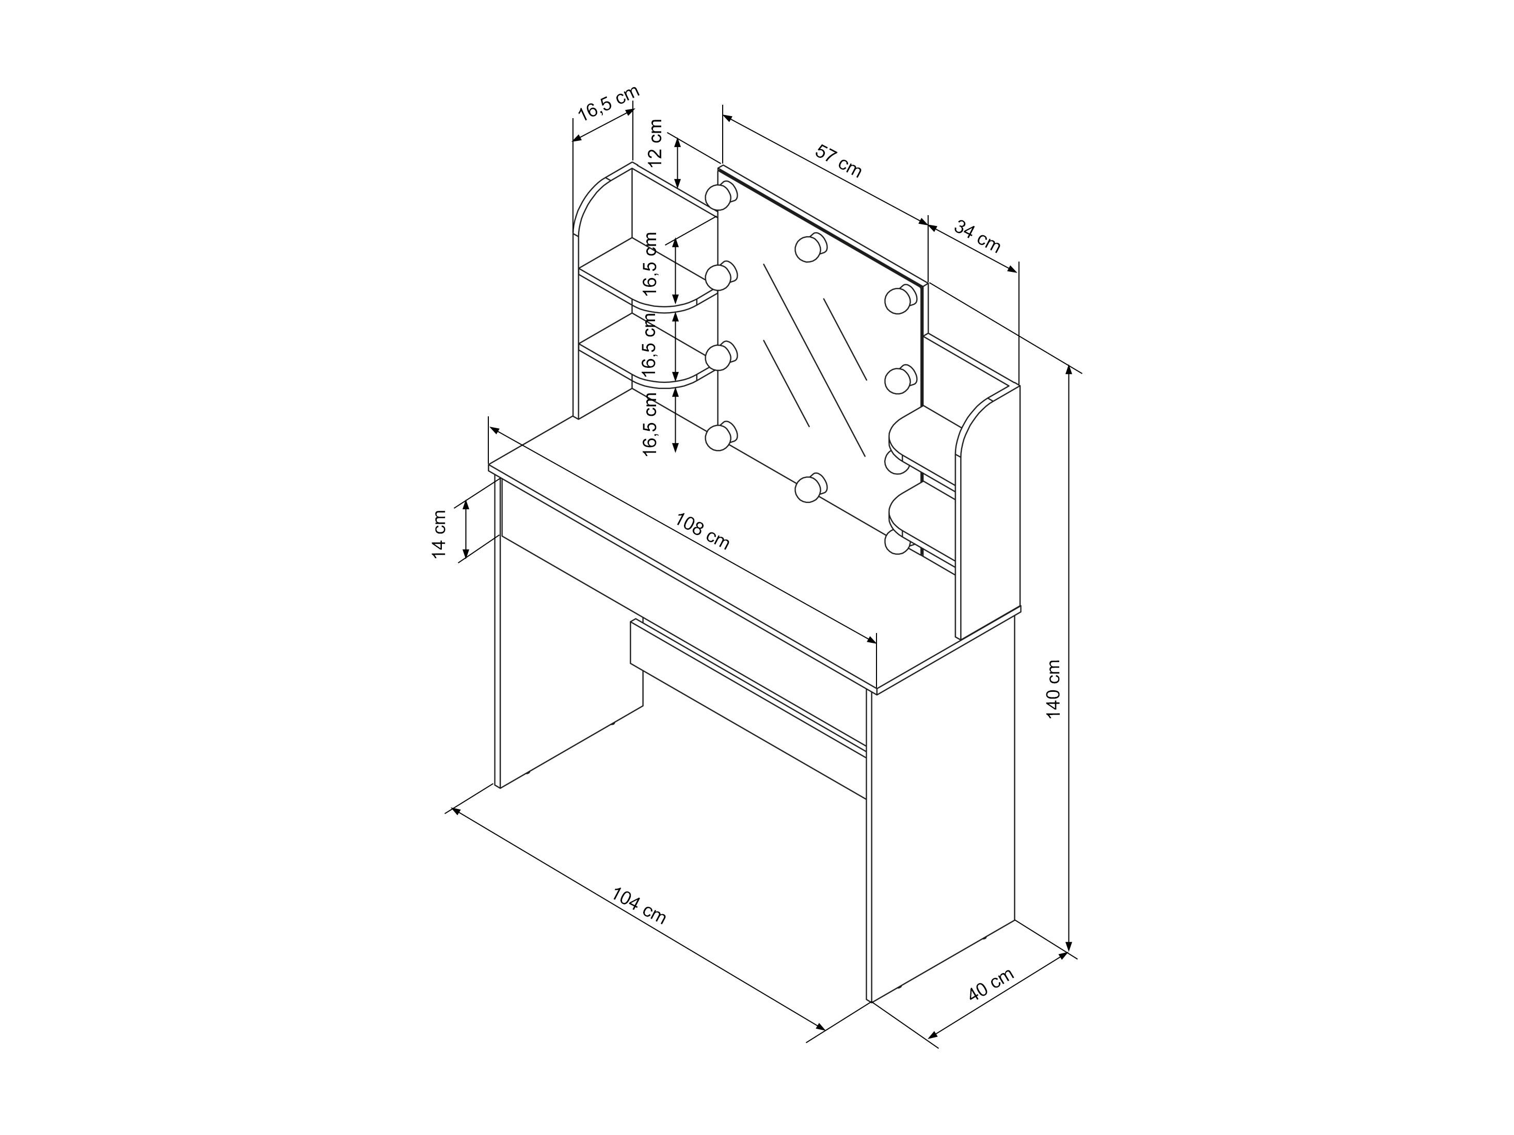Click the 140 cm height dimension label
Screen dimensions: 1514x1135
[x=1054, y=689]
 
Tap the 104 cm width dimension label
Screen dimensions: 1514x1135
[x=639, y=906]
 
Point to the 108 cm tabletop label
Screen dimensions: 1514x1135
[x=702, y=531]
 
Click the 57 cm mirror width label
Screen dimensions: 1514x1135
[x=838, y=161]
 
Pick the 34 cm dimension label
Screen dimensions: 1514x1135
[x=977, y=236]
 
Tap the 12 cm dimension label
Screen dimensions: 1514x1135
[x=655, y=143]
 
